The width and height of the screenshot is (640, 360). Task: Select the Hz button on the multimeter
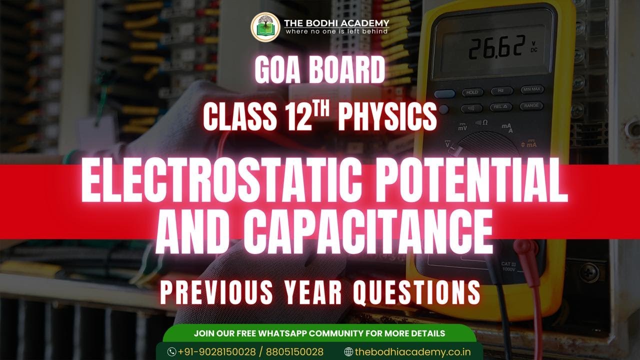tap(501, 91)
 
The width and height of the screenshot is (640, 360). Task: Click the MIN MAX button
tap(531, 90)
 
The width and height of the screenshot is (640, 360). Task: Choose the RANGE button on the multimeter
tap(531, 106)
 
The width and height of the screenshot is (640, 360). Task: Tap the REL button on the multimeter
tap(501, 107)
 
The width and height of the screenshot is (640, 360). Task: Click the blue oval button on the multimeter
tap(444, 93)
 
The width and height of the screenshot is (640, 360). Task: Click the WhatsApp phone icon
tap(172, 352)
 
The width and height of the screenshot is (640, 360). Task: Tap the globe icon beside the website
tap(348, 352)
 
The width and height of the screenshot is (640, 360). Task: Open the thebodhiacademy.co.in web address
tap(412, 352)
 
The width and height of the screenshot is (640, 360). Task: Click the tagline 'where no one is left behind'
tap(336, 31)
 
